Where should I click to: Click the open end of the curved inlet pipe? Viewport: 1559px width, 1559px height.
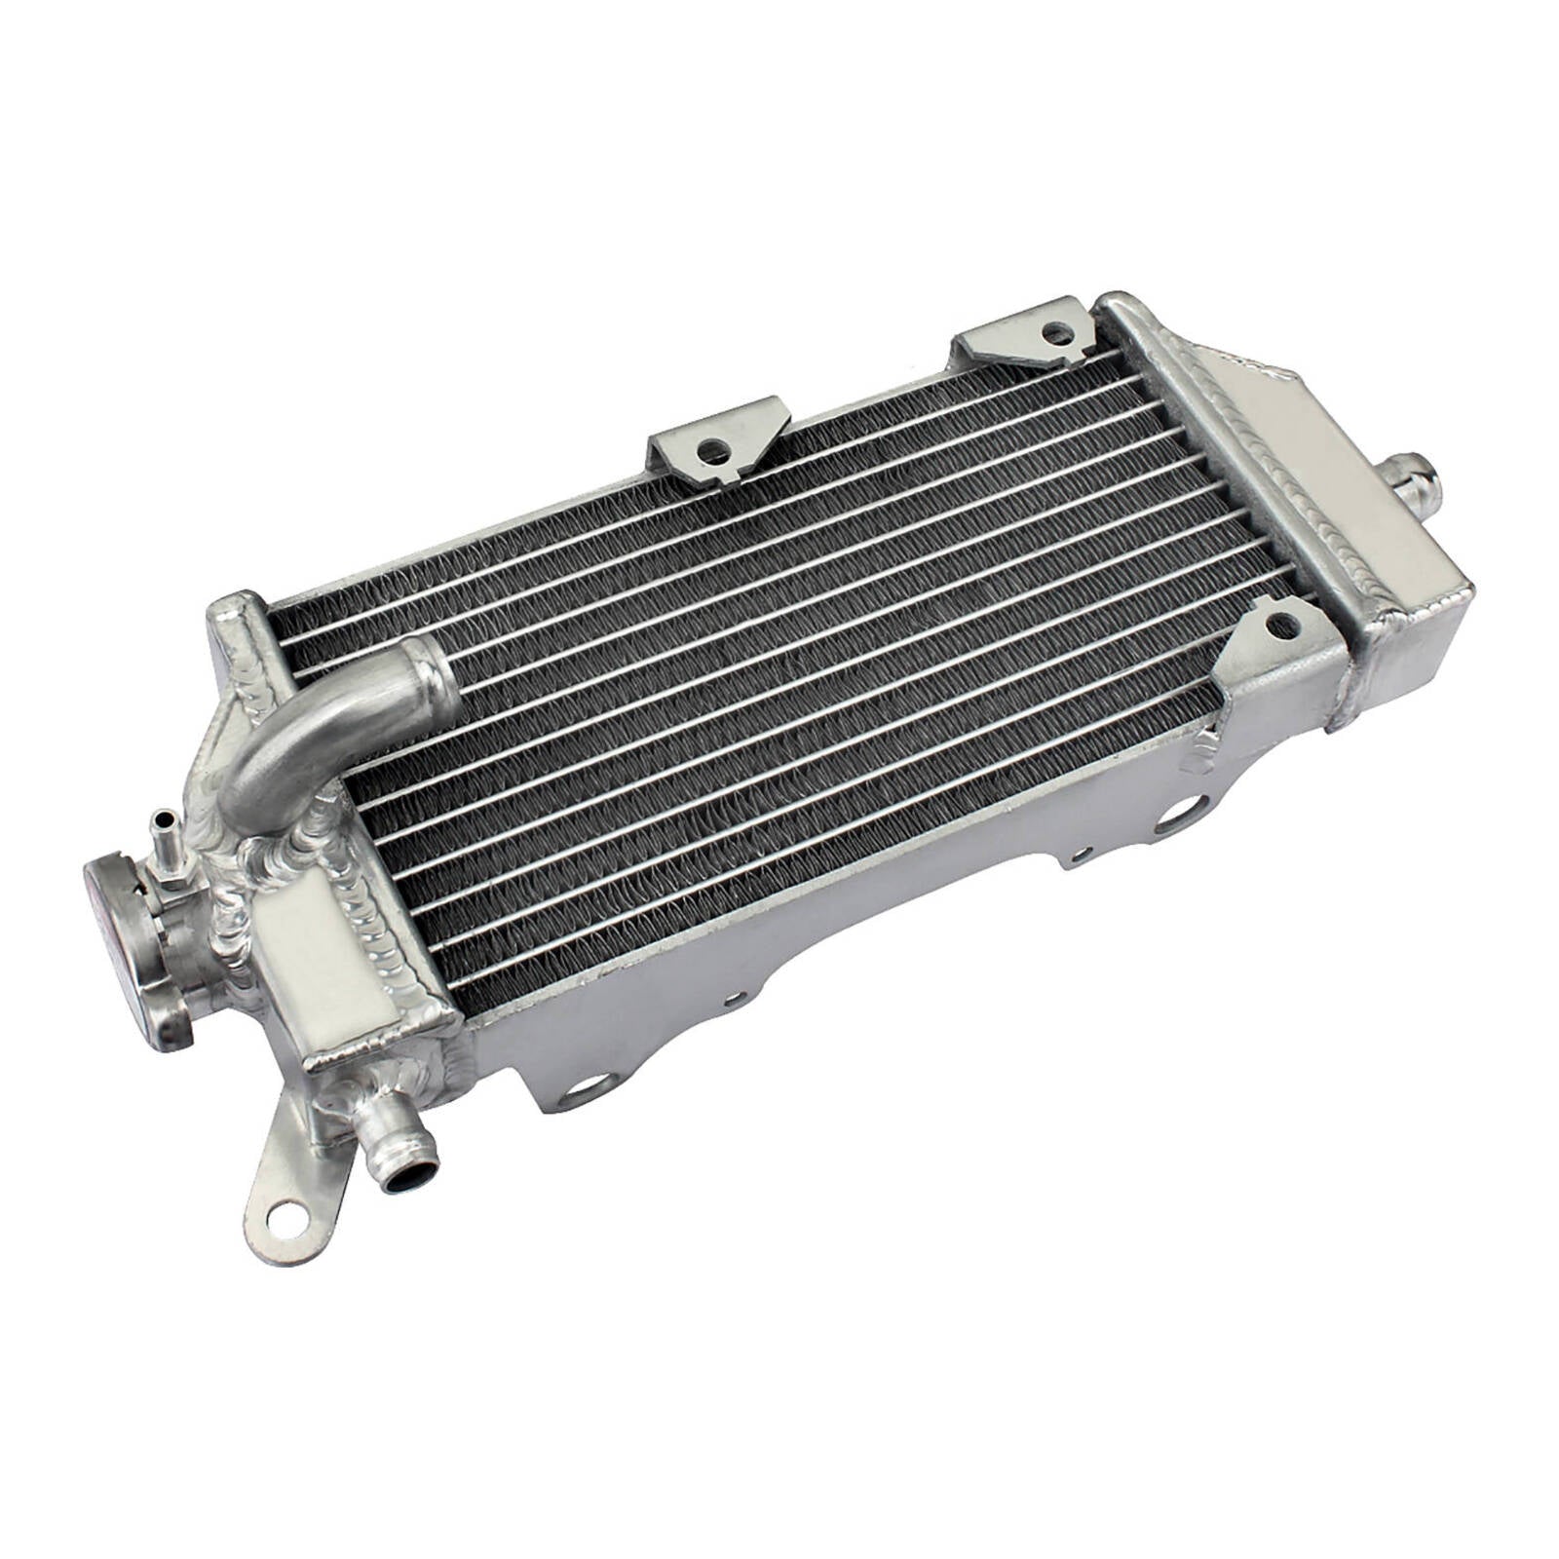(x=430, y=672)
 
